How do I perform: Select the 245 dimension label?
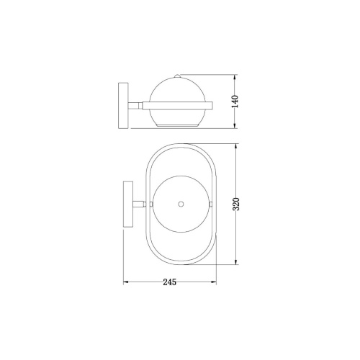170,282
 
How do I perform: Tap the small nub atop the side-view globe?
178,75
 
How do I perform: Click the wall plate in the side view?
124,105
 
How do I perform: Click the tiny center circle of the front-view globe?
180,204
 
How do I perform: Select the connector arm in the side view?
135,106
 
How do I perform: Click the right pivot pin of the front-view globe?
210,204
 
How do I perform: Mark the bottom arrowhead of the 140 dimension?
238,128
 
